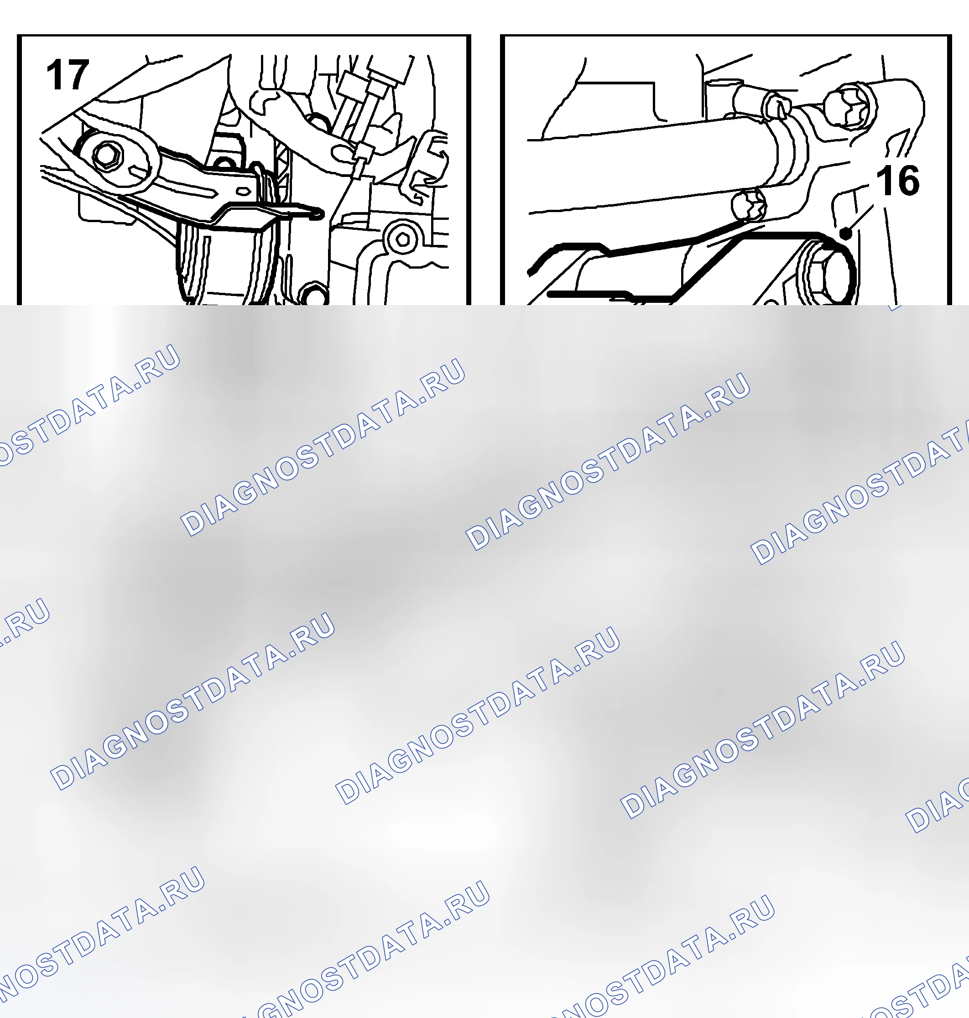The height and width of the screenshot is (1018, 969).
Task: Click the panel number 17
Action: point(68,75)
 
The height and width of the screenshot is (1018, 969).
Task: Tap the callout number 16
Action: point(898,181)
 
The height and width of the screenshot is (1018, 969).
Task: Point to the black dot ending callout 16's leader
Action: point(845,234)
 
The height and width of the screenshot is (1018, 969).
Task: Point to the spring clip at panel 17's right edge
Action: point(429,165)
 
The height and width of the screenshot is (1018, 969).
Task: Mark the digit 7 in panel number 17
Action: point(78,75)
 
